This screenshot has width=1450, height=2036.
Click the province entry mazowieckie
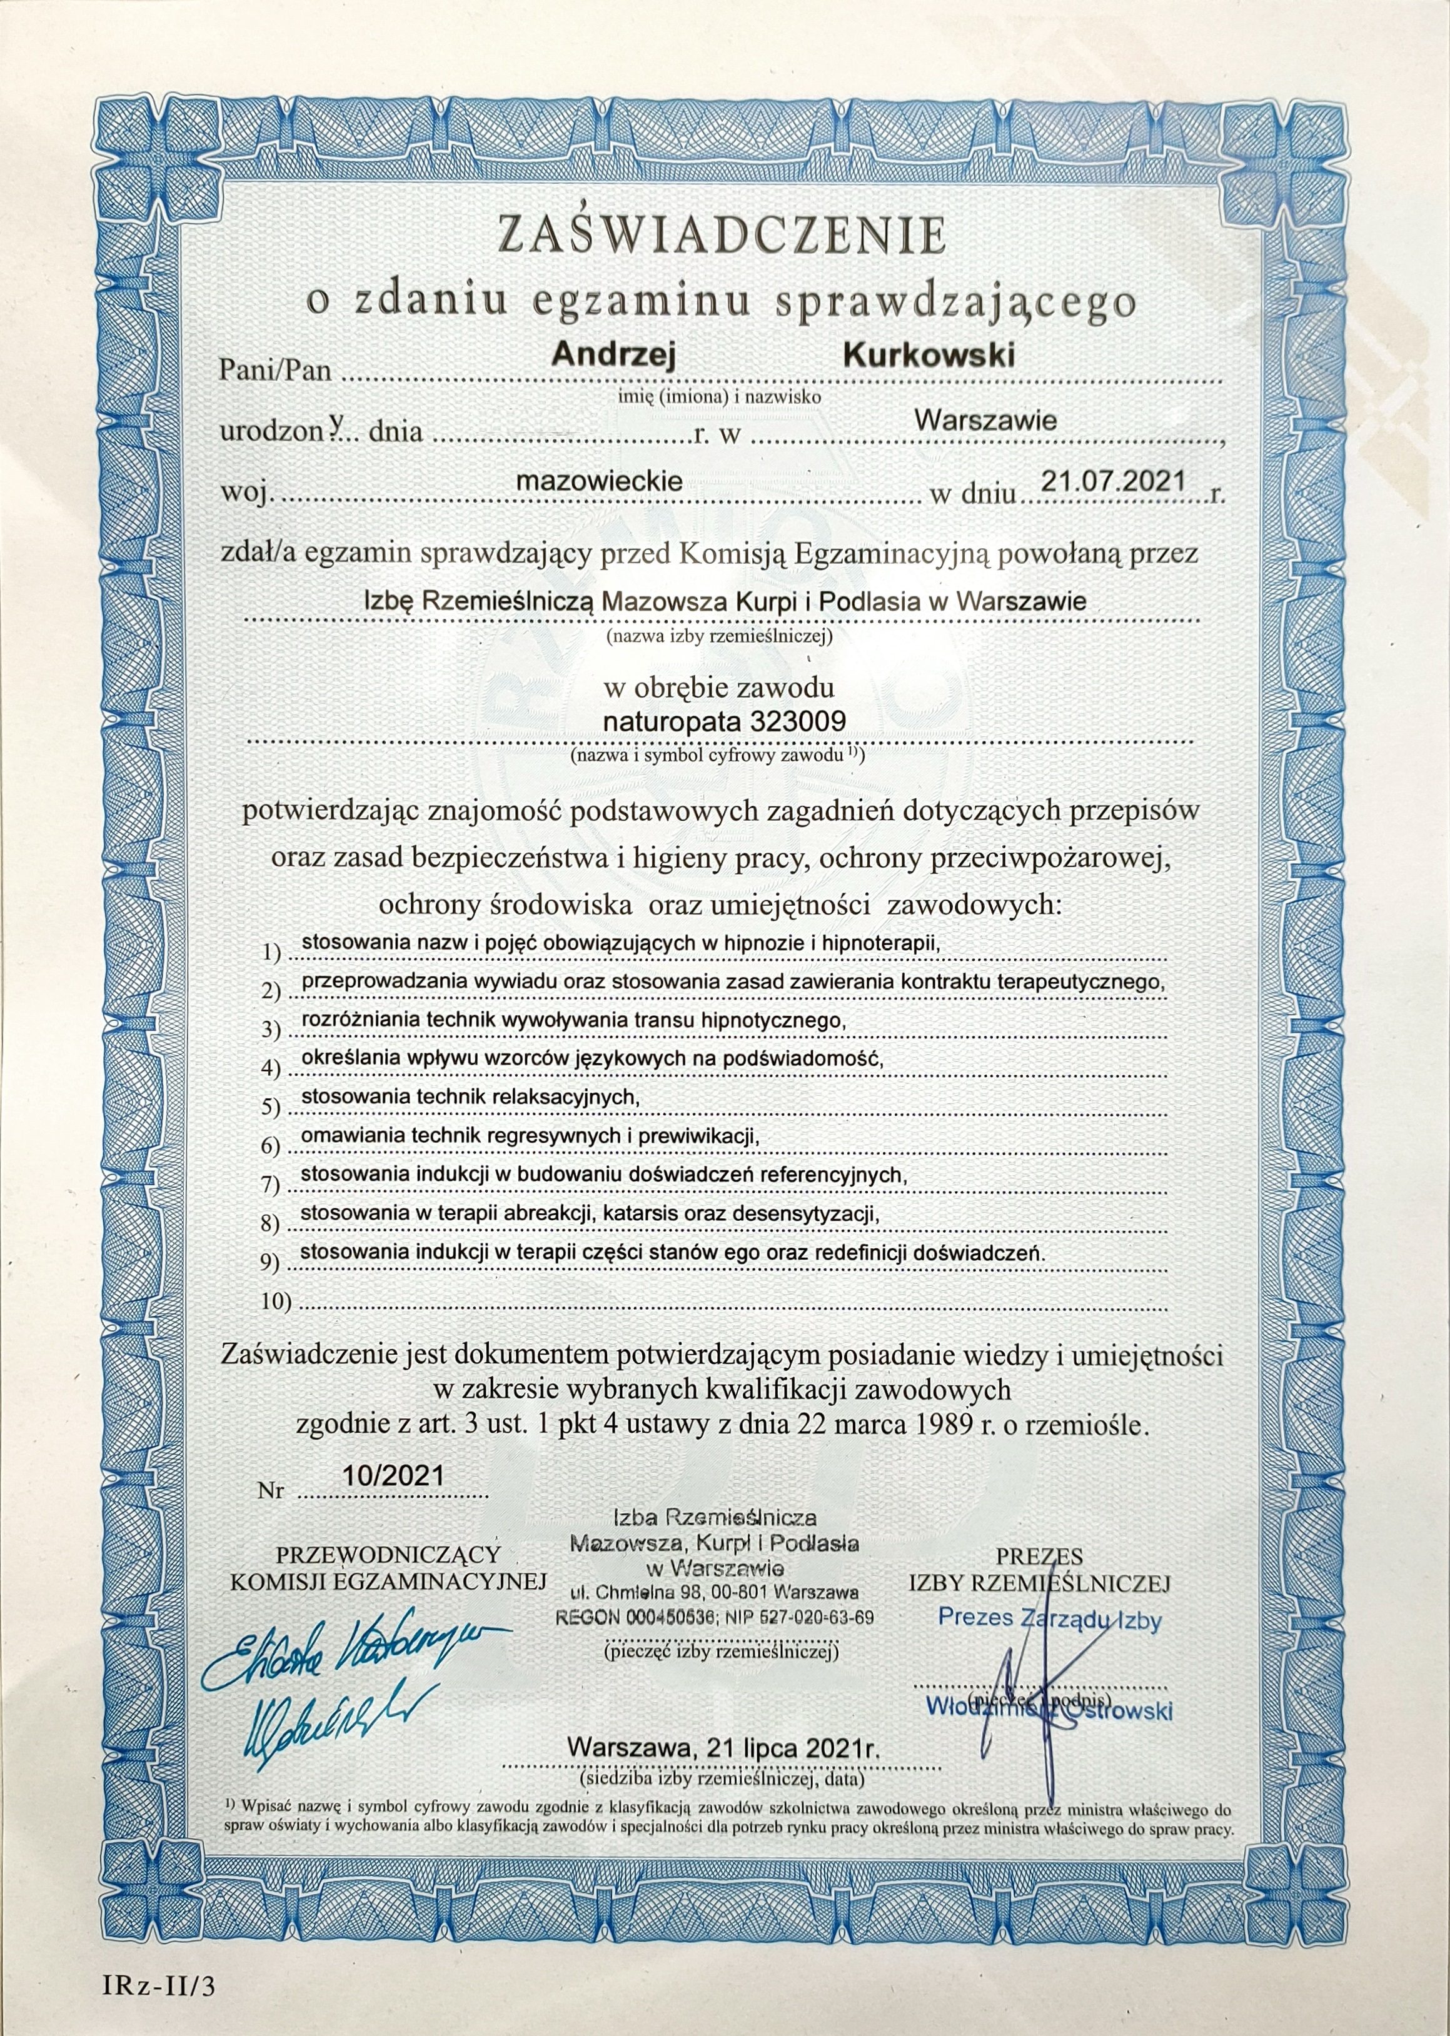coord(600,482)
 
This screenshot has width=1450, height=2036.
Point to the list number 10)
coord(277,1302)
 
